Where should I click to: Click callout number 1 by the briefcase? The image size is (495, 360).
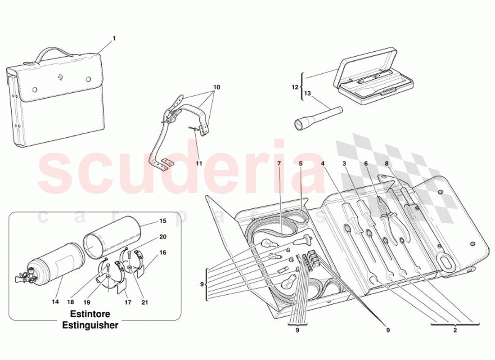[114, 39]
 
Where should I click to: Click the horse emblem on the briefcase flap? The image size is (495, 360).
[60, 77]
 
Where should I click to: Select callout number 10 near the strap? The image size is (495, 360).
[216, 87]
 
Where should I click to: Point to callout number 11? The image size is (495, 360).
[199, 163]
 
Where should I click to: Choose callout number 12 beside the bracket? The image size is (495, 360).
[295, 86]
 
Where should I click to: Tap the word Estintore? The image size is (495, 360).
[89, 314]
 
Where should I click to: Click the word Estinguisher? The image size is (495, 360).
[90, 325]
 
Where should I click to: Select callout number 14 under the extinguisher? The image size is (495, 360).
[55, 302]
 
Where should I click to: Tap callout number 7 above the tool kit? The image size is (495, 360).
[279, 163]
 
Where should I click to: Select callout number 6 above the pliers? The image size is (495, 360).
[366, 163]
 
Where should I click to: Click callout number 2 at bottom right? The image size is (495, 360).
[455, 330]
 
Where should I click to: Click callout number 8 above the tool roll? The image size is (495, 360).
[386, 163]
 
